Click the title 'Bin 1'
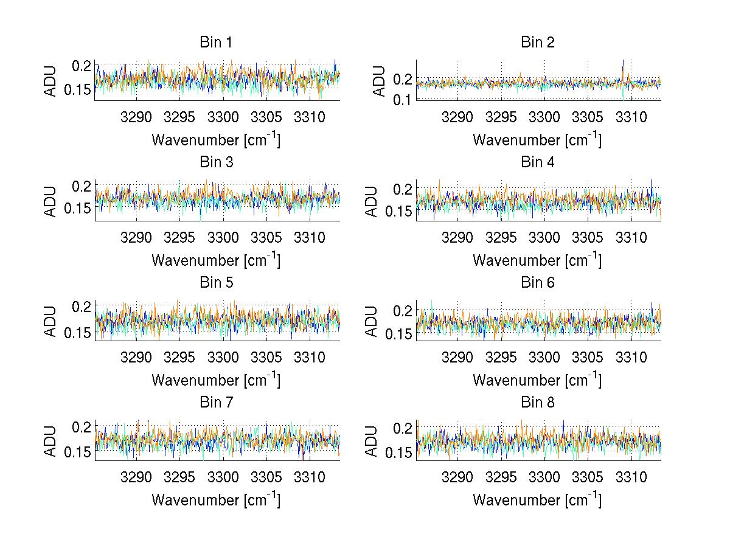click(x=216, y=43)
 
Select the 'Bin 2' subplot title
click(x=538, y=43)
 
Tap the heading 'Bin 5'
click(x=216, y=283)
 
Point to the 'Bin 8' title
click(x=538, y=403)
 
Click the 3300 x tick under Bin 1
click(x=223, y=117)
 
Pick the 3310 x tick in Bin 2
click(x=631, y=117)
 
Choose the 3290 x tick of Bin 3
click(x=137, y=237)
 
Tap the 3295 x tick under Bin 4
click(x=501, y=237)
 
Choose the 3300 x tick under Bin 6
click(x=544, y=357)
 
